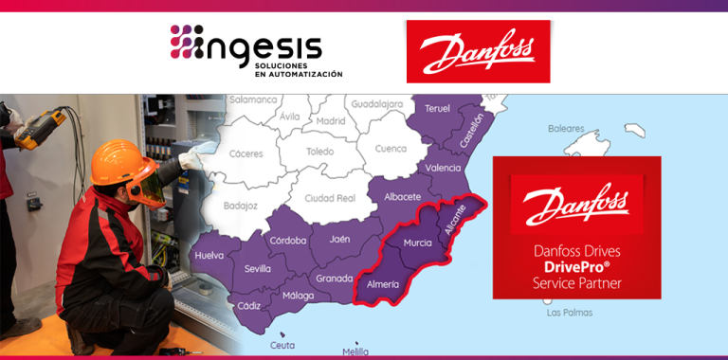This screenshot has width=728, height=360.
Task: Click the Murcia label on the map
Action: [418, 243]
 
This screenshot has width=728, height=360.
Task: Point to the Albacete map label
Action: [403, 196]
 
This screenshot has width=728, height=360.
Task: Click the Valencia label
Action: [444, 168]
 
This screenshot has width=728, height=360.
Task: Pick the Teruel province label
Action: [437, 108]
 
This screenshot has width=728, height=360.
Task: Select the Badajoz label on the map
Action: [239, 205]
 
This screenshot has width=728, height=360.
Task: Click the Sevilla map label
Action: [258, 269]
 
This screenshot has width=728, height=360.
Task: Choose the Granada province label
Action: [334, 279]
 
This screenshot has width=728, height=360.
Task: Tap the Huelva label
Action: [209, 256]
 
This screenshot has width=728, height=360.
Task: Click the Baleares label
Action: [566, 128]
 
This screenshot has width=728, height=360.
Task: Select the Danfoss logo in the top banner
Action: [478, 52]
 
